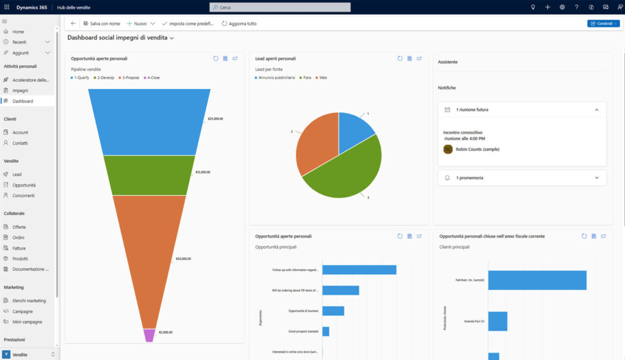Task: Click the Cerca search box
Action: coord(280,7)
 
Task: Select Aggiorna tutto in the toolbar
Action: coord(239,24)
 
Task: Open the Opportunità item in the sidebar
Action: coord(24,185)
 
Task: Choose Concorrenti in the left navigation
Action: coord(23,196)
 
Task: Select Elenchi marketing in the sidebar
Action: coord(29,301)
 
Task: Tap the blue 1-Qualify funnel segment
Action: coord(149,122)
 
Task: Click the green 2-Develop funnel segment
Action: coord(149,175)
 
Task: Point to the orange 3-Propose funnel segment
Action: coord(149,256)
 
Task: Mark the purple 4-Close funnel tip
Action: coord(150,335)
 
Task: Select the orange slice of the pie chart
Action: coord(316,143)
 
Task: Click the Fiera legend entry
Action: coord(305,77)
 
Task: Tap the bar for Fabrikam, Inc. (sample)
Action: coord(537,280)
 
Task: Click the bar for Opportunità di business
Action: coord(333,311)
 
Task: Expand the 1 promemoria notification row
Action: coord(522,178)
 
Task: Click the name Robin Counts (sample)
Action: coord(477,149)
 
